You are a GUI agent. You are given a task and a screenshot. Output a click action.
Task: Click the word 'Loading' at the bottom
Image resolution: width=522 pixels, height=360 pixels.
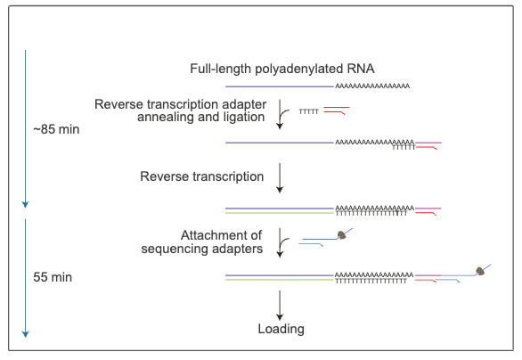tap(281, 329)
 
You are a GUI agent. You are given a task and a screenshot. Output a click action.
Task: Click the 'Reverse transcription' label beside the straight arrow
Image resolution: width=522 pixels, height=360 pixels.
tap(202, 176)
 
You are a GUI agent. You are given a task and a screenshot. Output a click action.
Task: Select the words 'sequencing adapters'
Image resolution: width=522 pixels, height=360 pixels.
tap(202, 250)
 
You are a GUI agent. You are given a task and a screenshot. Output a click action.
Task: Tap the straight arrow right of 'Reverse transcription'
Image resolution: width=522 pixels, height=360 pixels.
tap(281, 178)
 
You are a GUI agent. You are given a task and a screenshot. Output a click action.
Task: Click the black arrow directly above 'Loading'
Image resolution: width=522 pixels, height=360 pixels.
tap(281, 304)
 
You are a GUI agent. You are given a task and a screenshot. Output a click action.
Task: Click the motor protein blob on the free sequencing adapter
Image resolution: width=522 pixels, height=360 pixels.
tap(340, 235)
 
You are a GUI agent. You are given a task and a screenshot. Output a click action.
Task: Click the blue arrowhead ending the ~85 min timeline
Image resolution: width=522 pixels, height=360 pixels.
tap(25, 204)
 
